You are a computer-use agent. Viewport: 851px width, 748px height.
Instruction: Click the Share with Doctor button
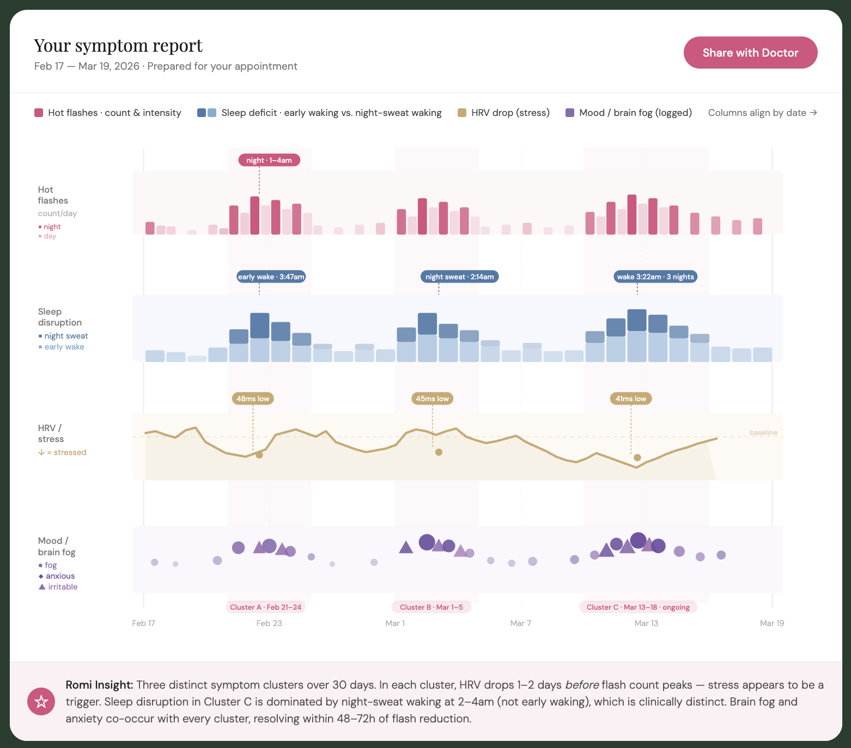[750, 53]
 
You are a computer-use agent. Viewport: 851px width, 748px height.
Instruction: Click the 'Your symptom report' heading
[118, 46]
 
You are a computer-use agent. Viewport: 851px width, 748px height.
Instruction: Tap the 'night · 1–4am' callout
[269, 160]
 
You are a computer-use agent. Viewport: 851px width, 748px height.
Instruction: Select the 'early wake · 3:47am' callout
[271, 277]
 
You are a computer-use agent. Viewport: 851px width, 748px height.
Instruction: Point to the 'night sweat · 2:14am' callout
[459, 277]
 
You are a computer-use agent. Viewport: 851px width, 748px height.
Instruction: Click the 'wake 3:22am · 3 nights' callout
[655, 277]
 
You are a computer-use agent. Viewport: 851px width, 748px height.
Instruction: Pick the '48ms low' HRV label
[253, 398]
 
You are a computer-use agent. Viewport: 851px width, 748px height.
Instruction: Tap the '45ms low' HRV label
[432, 398]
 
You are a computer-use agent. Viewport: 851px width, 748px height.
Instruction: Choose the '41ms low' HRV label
[631, 398]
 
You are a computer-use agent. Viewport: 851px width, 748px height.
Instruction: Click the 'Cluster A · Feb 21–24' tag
[265, 607]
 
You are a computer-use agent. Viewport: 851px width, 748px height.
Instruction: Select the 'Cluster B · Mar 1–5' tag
[431, 607]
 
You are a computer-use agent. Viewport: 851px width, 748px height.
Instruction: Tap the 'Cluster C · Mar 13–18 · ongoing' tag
[638, 607]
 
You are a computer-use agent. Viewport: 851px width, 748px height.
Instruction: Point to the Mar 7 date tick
[520, 623]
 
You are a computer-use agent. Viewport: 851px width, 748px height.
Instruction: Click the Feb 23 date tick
[269, 623]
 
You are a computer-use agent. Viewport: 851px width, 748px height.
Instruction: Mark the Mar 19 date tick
[772, 623]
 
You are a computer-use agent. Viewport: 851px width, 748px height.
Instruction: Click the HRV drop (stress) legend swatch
[462, 113]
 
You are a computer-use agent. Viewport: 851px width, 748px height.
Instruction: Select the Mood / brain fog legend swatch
[570, 113]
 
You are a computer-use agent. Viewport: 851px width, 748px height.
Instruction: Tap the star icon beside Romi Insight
[41, 702]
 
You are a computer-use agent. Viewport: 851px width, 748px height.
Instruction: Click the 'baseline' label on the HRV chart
[763, 433]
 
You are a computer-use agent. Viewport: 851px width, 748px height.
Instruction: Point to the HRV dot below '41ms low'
[637, 458]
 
